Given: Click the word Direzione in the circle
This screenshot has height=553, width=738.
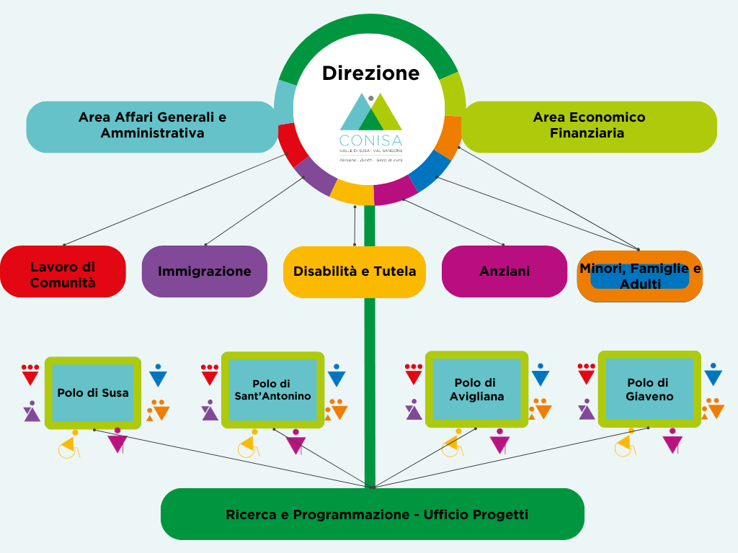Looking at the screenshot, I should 370,73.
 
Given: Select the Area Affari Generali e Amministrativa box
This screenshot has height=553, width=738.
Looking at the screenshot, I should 152,125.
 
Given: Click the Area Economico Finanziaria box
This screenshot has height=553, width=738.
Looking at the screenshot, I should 589,125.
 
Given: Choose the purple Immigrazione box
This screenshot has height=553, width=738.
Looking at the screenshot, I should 205,271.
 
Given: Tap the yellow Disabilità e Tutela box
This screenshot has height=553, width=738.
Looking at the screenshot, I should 355,271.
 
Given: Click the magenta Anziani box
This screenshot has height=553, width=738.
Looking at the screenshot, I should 504,271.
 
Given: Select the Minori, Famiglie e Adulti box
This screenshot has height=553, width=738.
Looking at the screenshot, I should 640,276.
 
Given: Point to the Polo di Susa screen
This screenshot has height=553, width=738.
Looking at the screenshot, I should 93,392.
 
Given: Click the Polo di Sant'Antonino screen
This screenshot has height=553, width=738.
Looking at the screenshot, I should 272,390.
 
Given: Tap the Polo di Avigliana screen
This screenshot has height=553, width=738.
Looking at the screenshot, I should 476,390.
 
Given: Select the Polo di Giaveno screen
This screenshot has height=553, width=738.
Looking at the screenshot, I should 649,390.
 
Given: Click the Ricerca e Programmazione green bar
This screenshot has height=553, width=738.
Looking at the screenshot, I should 372,514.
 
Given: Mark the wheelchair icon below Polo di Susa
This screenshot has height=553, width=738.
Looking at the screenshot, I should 69,446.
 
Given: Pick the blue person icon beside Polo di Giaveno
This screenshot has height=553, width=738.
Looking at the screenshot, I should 713,374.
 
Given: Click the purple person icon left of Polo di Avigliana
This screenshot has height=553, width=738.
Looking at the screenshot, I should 414,410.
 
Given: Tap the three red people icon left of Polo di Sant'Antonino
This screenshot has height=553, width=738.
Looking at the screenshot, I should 210,374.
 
